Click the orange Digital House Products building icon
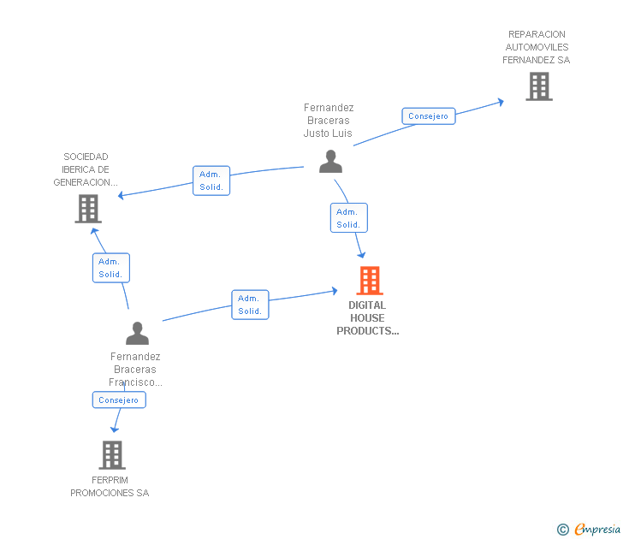370,281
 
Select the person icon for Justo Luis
330,161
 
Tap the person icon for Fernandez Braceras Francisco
137,334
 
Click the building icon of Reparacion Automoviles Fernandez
539,86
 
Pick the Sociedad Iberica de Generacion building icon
88,209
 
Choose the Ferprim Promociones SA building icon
112,455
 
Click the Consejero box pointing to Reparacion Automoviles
428,116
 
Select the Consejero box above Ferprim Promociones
119,400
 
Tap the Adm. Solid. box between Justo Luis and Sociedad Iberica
211,181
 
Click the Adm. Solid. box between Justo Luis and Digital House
349,217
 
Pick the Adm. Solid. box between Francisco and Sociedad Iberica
111,268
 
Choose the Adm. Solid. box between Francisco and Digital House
250,305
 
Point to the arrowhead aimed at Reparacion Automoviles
501,102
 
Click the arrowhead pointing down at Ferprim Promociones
115,429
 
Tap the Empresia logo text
597,529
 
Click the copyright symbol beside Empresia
562,530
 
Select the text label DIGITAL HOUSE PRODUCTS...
367,317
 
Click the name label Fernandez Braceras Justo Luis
329,121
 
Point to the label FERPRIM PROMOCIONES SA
110,487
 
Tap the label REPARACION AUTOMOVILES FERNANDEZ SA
537,47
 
